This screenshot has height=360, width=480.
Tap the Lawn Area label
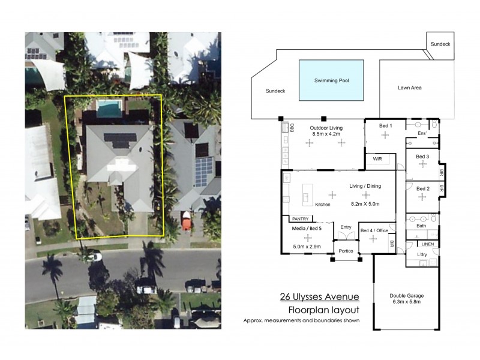click(x=410, y=88)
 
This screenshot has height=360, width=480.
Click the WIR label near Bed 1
click(x=377, y=159)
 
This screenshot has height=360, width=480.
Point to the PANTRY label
click(x=300, y=218)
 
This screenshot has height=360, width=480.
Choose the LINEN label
click(x=427, y=244)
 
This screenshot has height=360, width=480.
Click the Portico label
click(x=346, y=251)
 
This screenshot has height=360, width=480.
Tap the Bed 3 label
click(x=423, y=156)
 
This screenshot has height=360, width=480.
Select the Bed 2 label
click(x=423, y=188)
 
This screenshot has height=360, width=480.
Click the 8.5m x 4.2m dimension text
click(x=326, y=135)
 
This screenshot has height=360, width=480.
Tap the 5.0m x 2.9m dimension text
click(x=307, y=247)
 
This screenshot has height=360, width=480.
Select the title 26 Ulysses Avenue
click(x=319, y=296)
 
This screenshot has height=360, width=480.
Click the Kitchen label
click(x=323, y=205)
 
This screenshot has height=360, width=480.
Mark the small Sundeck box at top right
click(x=441, y=44)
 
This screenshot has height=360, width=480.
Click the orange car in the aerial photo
click(x=187, y=221)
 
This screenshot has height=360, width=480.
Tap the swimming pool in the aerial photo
click(x=109, y=109)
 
